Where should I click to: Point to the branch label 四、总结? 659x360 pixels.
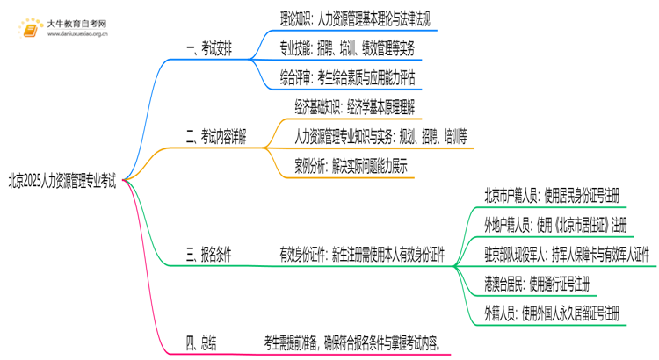201,341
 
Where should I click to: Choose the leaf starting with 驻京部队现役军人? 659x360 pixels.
566,254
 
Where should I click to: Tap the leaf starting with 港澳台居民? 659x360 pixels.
537,283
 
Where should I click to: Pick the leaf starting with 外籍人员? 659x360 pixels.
552,313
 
